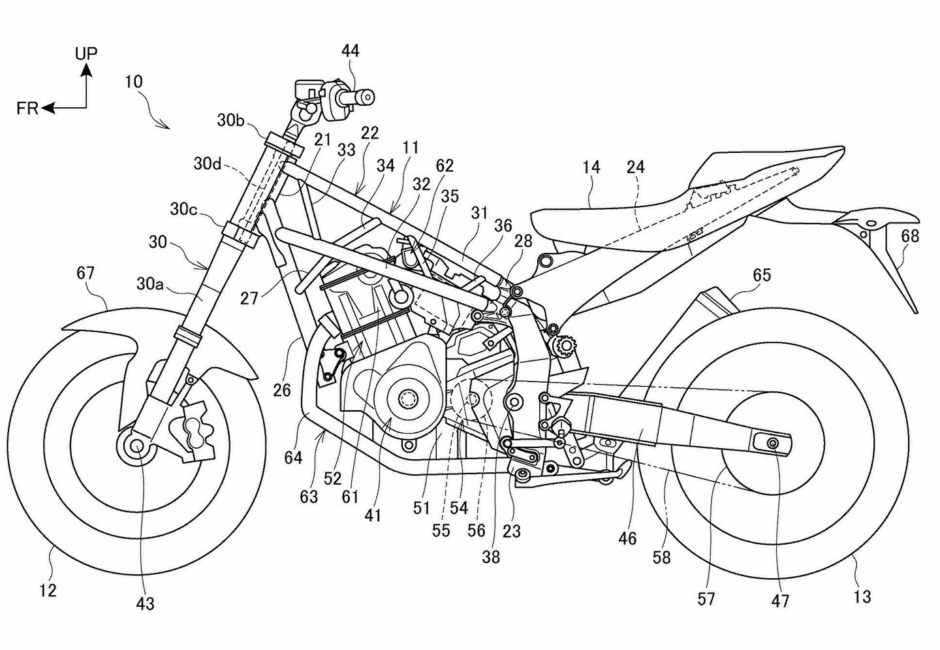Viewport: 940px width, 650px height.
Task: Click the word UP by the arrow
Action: coord(86,54)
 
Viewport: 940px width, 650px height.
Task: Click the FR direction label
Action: coord(27,109)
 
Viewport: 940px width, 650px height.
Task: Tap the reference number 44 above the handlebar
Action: coord(350,51)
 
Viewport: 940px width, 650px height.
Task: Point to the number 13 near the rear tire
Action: coord(862,596)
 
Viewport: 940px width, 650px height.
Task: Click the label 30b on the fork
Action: coord(231,120)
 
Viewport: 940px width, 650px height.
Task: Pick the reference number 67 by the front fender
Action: coord(86,273)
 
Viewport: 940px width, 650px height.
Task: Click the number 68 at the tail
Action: coord(910,235)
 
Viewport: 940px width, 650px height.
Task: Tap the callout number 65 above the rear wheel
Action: coord(761,275)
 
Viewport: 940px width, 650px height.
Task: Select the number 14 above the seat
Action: coord(591,167)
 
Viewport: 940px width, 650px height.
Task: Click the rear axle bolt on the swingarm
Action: coord(772,444)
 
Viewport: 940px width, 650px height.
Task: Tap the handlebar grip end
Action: coord(369,97)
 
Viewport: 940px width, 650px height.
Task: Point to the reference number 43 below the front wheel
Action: coord(145,604)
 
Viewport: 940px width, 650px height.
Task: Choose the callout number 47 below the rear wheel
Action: coord(781,600)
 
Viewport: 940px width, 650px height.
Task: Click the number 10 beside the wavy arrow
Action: coord(133,82)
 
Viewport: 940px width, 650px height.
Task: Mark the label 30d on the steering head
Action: coord(208,164)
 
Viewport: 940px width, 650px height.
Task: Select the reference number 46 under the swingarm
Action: coord(627,538)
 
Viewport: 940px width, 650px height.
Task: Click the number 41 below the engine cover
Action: coord(373,515)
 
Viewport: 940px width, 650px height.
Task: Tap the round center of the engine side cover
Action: coord(409,398)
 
